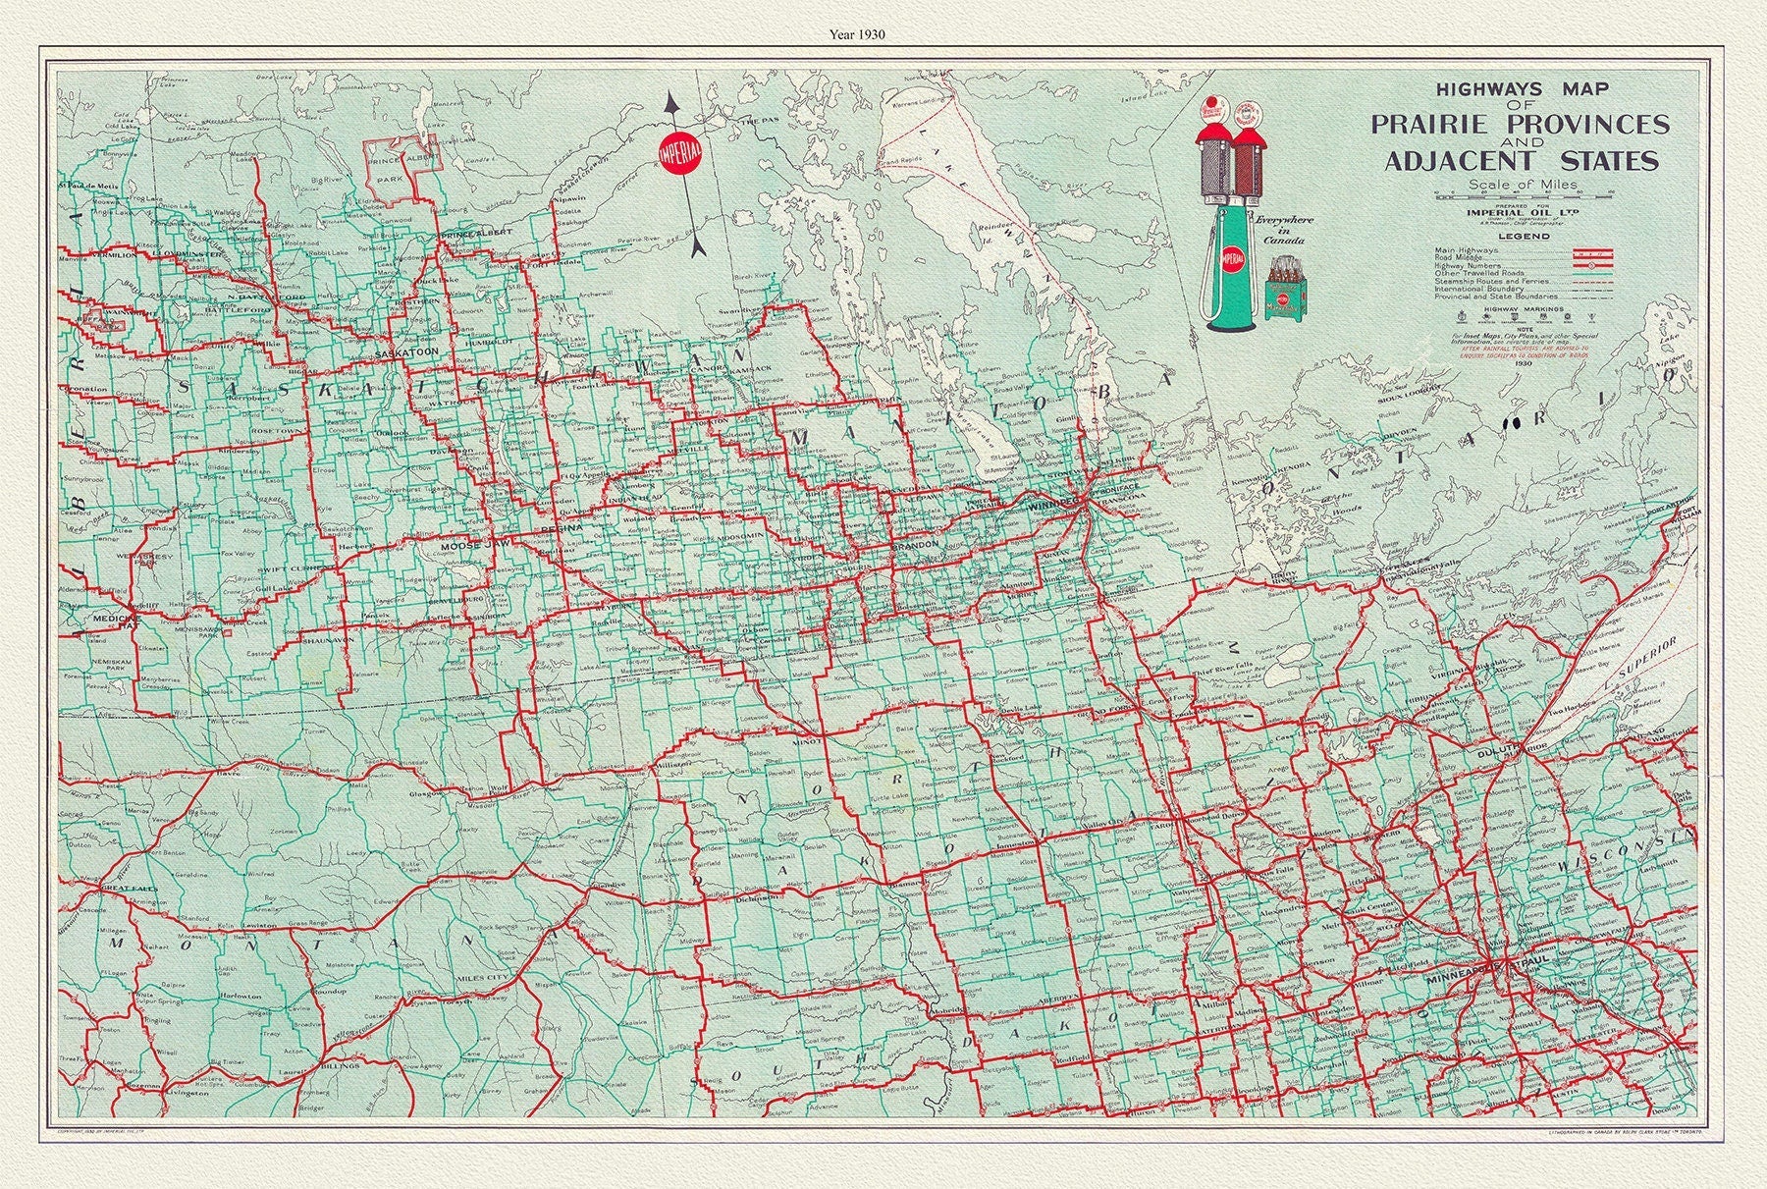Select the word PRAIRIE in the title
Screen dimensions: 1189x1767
(x=1428, y=125)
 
